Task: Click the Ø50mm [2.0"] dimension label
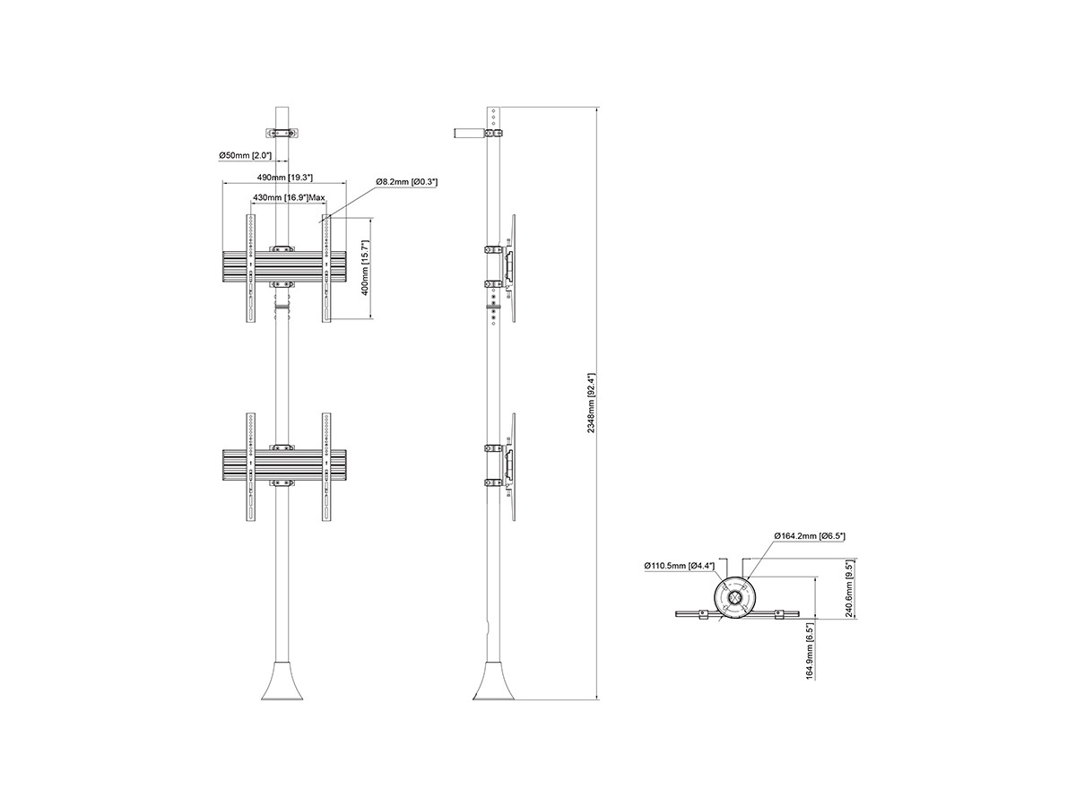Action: tap(245, 155)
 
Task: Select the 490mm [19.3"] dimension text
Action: tap(285, 177)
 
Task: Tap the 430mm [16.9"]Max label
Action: tap(289, 197)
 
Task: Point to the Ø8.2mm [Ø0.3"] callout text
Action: tap(406, 182)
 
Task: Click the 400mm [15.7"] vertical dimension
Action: tap(364, 267)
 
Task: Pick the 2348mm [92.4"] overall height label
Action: tap(591, 403)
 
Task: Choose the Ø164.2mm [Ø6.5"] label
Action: tap(810, 536)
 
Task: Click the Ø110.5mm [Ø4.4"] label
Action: tap(679, 566)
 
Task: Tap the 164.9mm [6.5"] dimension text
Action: tap(810, 651)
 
